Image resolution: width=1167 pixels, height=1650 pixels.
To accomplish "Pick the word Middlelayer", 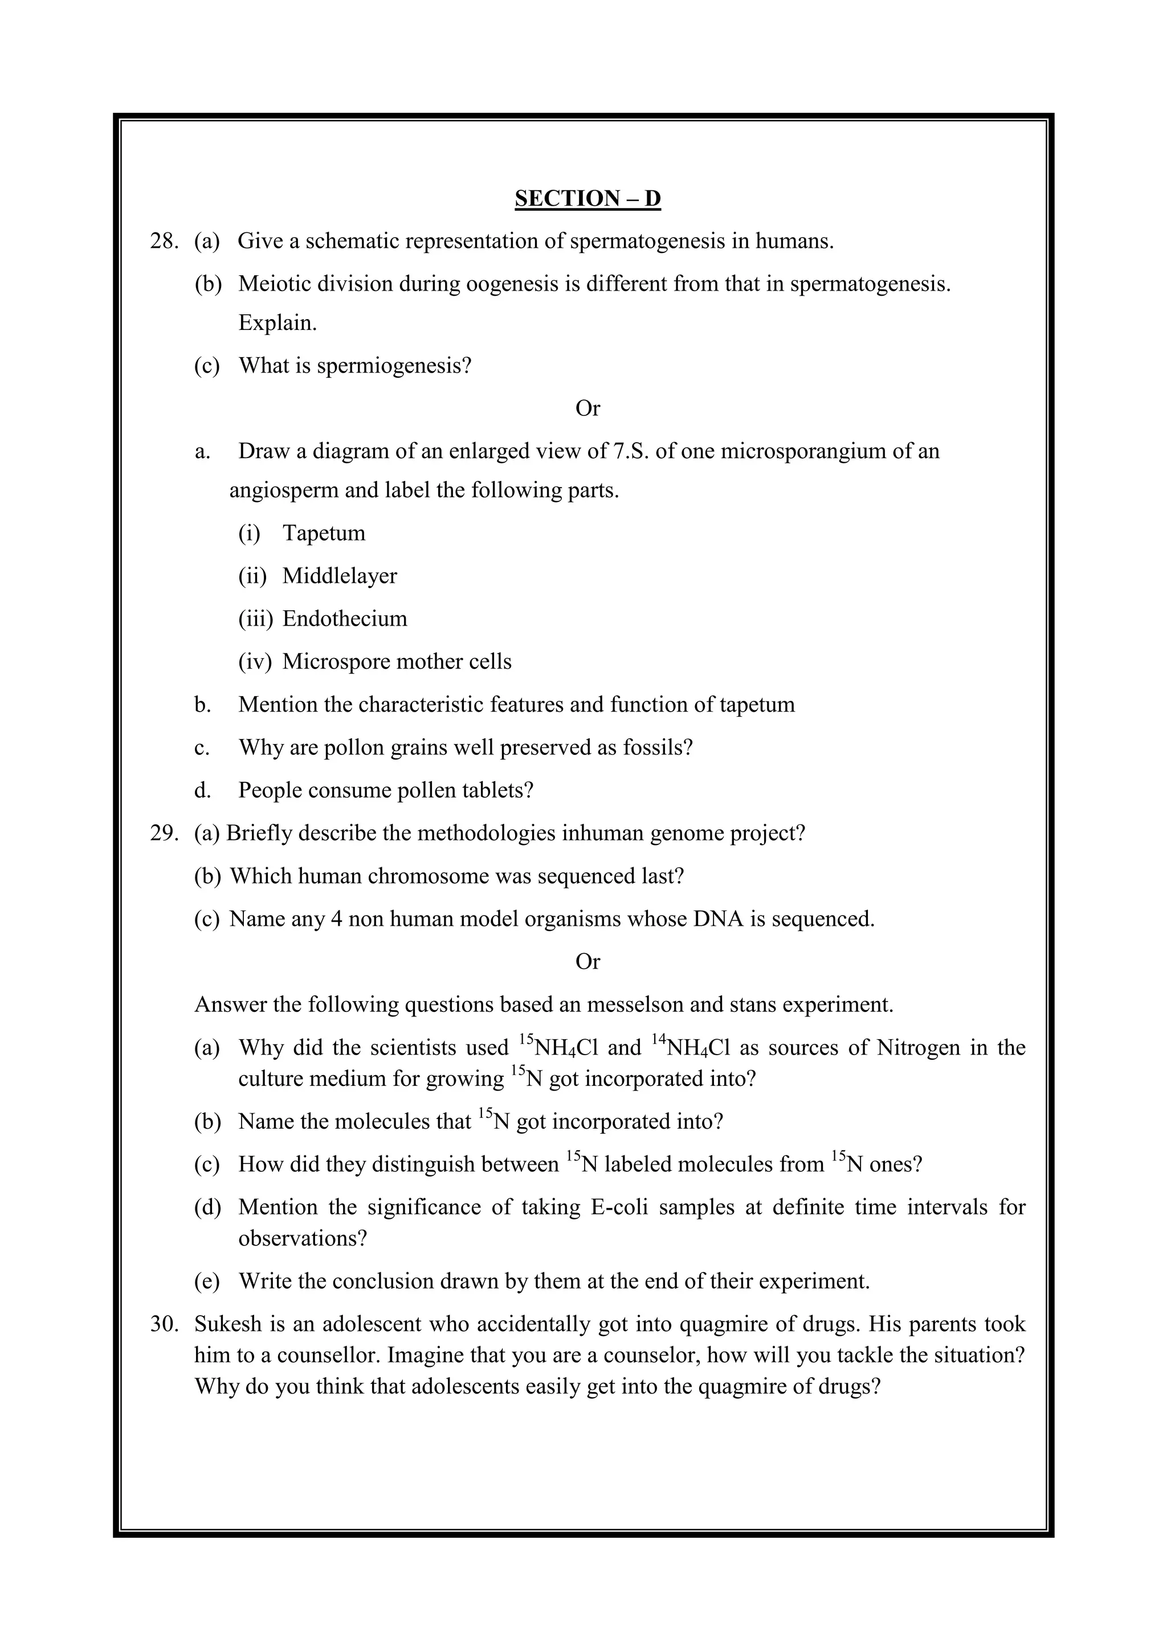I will pos(339,577).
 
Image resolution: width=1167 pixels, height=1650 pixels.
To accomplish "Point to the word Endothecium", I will pos(344,619).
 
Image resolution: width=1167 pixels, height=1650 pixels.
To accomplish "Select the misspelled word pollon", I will pos(354,748).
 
